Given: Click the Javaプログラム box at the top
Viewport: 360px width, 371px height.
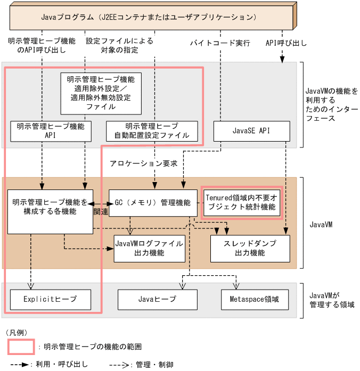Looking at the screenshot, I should click(x=149, y=17).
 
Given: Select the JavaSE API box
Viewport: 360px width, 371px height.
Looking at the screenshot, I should click(x=252, y=131).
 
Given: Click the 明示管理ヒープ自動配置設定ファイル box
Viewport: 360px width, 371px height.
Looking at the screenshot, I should click(x=152, y=131).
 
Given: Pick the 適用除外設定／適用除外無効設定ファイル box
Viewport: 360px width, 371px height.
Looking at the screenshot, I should click(x=101, y=93).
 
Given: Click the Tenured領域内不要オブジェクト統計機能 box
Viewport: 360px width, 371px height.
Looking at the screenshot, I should click(x=241, y=203).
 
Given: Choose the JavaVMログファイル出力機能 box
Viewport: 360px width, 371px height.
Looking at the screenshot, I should click(x=149, y=248).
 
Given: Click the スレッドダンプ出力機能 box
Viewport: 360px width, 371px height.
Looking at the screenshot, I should click(x=250, y=248).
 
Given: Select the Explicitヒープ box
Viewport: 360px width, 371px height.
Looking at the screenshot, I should click(x=50, y=299).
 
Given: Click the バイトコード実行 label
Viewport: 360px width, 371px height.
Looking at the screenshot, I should click(x=220, y=43).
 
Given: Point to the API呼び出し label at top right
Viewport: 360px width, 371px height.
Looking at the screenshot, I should click(x=282, y=43).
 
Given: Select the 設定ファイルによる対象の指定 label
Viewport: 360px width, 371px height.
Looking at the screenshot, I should click(x=119, y=46).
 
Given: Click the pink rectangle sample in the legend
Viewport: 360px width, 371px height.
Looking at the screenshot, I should click(x=21, y=347).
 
